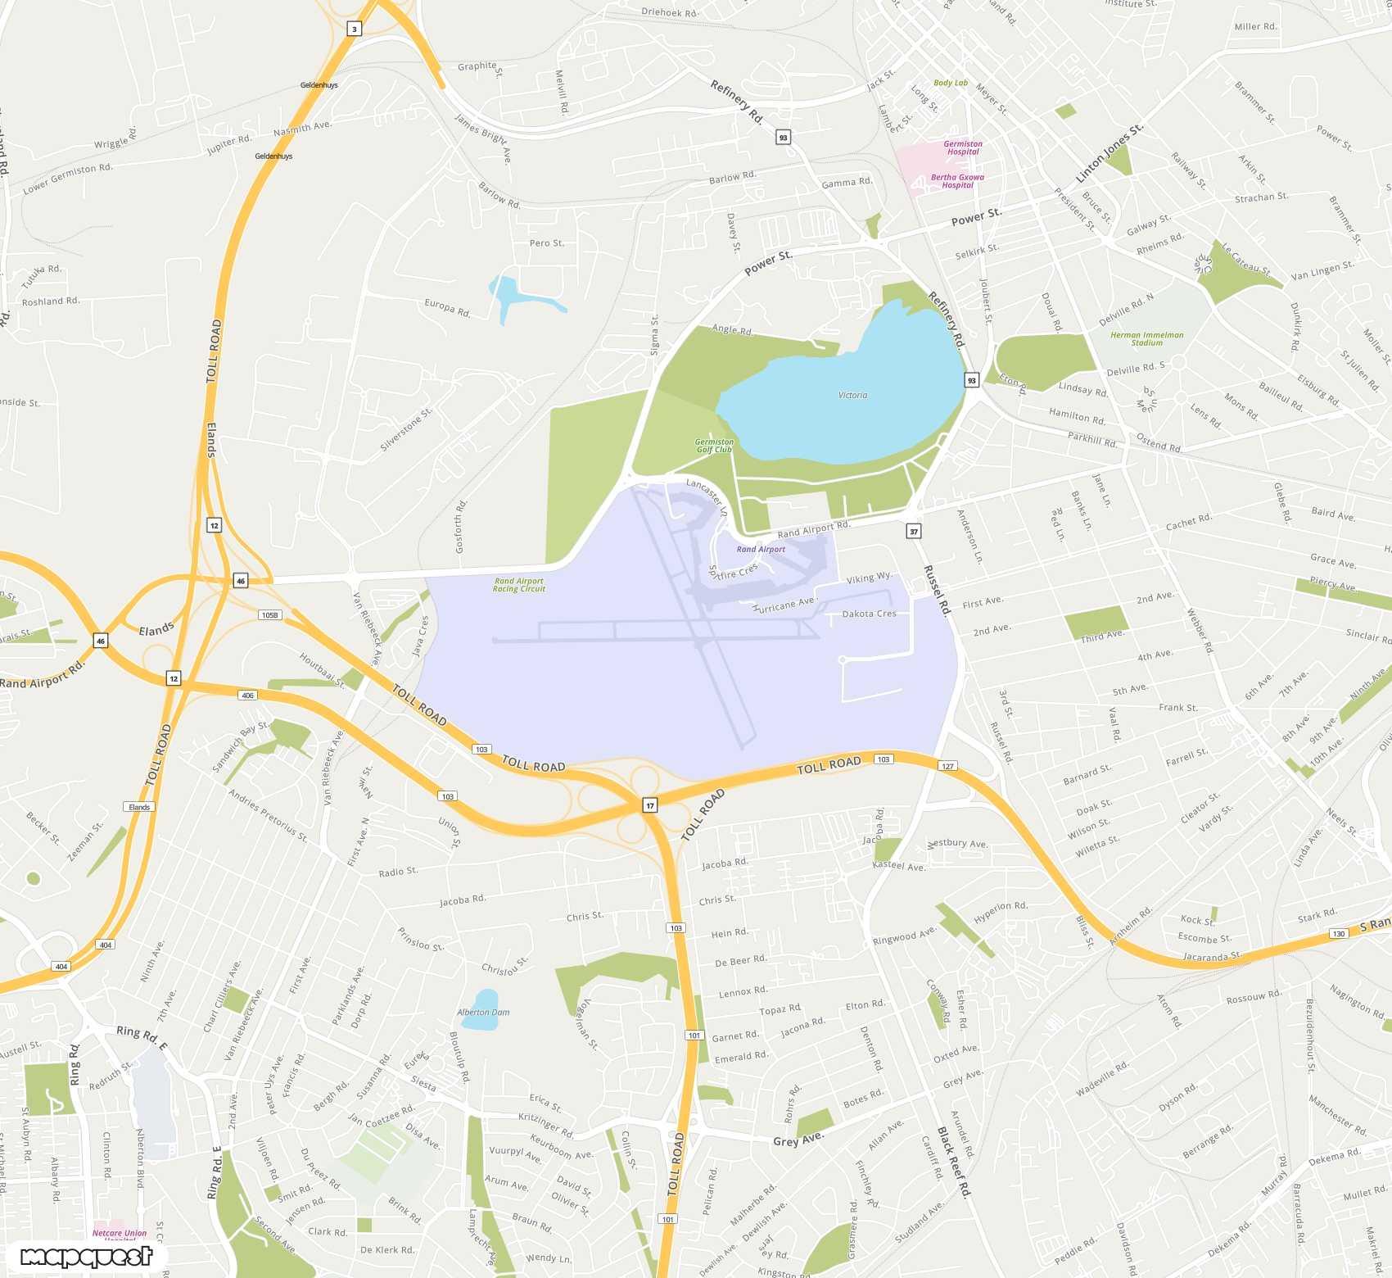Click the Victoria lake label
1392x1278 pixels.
852,395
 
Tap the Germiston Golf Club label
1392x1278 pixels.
714,446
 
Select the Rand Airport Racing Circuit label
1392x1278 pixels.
519,585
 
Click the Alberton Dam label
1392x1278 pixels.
483,1013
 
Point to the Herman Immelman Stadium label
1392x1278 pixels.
1146,339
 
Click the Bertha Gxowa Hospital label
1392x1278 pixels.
957,181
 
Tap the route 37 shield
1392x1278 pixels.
914,532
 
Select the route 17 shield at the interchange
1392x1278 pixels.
650,805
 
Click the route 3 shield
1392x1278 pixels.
355,29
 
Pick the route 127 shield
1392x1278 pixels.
947,766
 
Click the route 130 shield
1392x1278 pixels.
1339,933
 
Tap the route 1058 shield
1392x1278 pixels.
269,614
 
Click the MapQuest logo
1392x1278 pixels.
86,1256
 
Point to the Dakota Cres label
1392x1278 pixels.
869,614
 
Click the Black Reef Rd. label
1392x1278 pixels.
954,1162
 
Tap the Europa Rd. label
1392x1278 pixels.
447,308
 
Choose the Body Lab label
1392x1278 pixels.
951,83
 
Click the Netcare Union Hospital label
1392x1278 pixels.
120,1234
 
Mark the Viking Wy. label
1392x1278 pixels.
869,578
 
